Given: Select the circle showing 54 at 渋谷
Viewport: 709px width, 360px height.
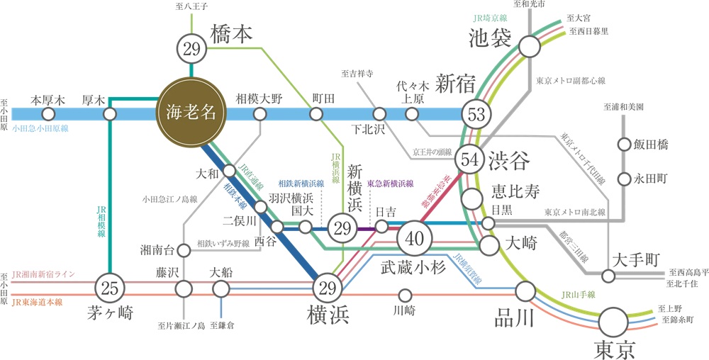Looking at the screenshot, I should click(469, 160).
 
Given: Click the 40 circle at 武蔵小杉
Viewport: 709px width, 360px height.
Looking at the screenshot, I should click(414, 238).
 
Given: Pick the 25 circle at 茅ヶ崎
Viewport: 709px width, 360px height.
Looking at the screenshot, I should click(109, 288).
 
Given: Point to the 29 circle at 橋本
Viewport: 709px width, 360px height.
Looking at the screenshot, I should click(191, 50).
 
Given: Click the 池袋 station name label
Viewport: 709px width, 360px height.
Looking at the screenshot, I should click(490, 38).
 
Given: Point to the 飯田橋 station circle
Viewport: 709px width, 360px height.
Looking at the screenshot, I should click(625, 145).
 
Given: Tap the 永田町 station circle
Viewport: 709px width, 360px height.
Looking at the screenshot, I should click(625, 179).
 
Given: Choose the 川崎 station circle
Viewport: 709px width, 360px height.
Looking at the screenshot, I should click(406, 294).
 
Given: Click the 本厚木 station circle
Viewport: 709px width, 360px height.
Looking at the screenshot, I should click(48, 113).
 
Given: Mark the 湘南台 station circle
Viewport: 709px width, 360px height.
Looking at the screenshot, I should click(184, 249).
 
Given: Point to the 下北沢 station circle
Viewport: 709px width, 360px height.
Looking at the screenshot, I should click(380, 113).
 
